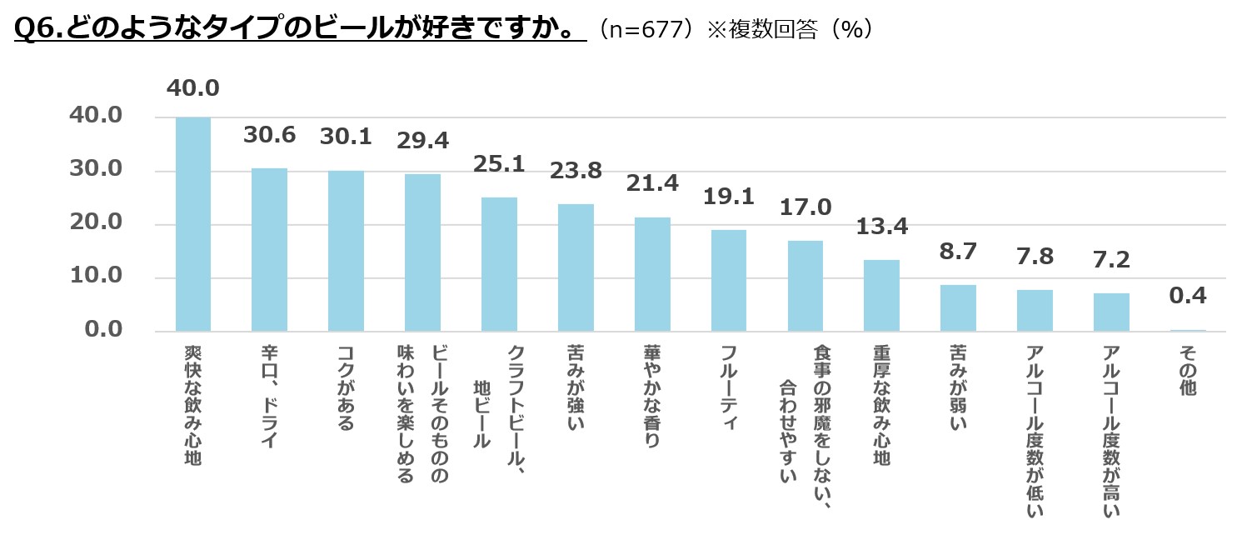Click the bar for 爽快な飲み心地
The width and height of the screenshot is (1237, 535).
[192, 224]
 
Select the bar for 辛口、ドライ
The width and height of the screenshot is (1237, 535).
[269, 250]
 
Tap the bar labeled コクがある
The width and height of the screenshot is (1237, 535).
[346, 251]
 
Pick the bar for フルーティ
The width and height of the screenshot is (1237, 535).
[729, 281]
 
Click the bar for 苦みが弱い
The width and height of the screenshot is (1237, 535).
[958, 308]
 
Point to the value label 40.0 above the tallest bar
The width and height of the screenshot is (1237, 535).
[192, 88]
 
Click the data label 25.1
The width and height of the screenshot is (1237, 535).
[499, 164]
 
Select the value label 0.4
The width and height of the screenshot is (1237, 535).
[1188, 295]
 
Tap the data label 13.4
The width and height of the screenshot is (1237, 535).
[881, 226]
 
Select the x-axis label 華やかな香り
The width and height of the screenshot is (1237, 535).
[652, 397]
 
